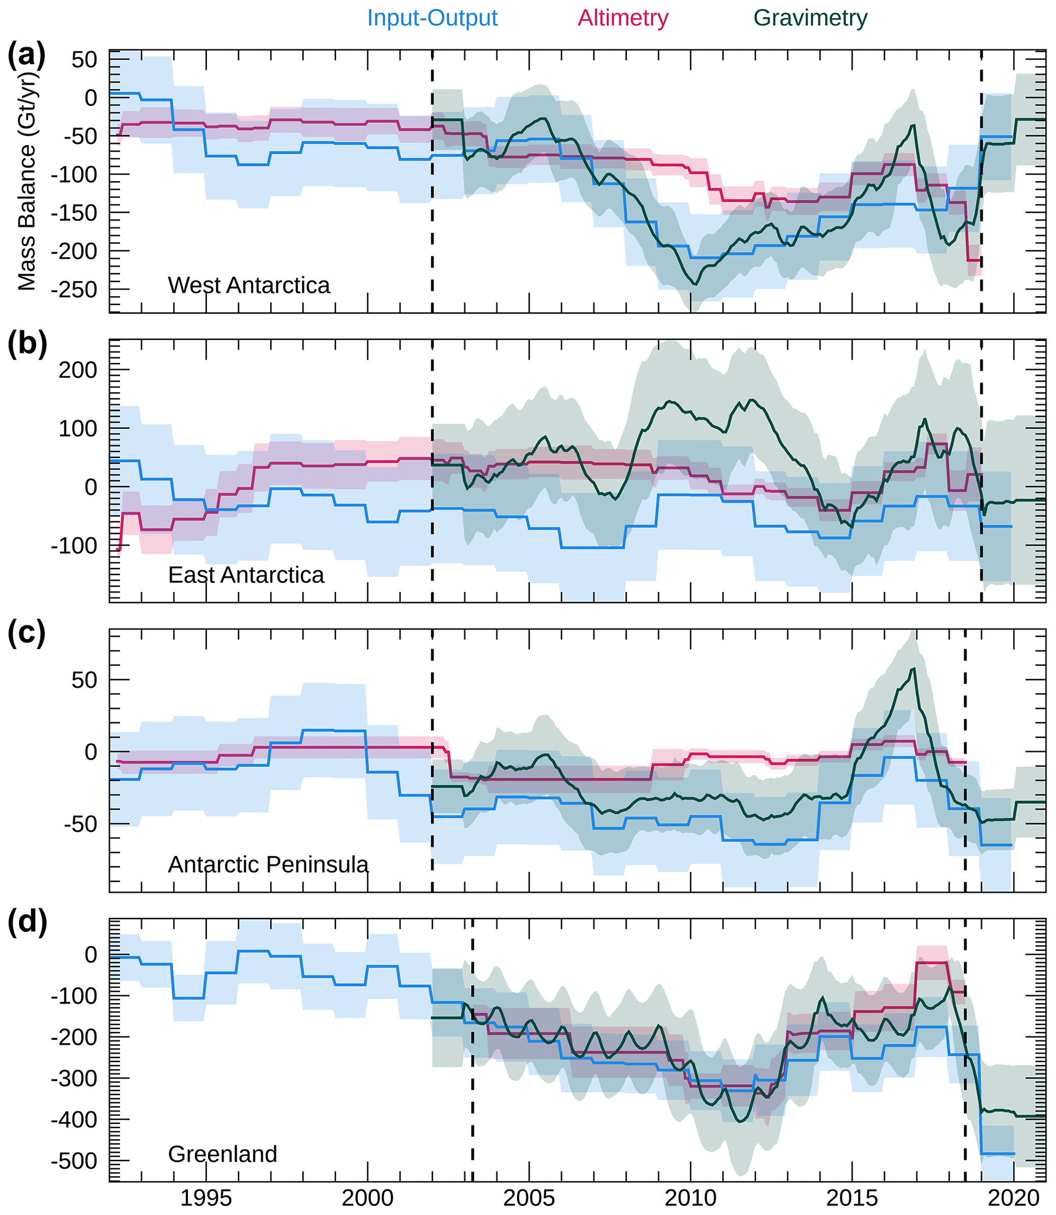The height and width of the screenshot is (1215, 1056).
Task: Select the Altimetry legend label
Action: click(x=623, y=18)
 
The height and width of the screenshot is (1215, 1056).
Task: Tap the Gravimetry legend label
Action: click(x=810, y=18)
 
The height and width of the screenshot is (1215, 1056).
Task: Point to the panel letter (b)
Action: click(x=27, y=344)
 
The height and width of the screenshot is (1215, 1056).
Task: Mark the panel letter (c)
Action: click(x=27, y=634)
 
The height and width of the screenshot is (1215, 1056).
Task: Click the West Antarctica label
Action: click(x=249, y=286)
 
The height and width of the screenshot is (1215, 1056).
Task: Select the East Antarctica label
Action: click(x=246, y=575)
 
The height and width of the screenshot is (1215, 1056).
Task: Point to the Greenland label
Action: click(x=222, y=1154)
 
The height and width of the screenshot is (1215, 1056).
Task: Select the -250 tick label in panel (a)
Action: click(x=73, y=290)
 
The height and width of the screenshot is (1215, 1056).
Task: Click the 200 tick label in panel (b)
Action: click(x=77, y=371)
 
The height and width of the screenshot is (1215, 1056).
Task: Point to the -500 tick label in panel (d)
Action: click(x=73, y=1160)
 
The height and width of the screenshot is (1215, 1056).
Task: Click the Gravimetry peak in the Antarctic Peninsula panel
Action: click(x=913, y=669)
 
